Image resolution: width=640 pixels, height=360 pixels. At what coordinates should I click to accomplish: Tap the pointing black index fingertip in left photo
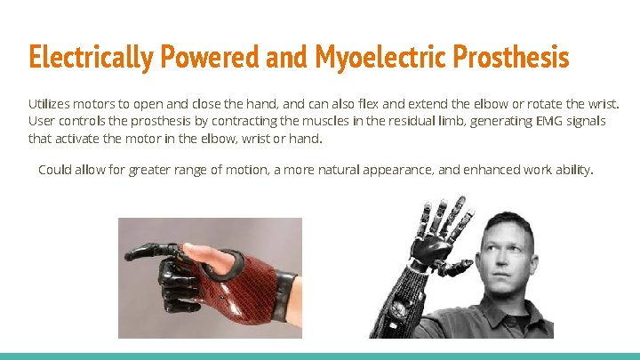[x=130, y=254]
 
